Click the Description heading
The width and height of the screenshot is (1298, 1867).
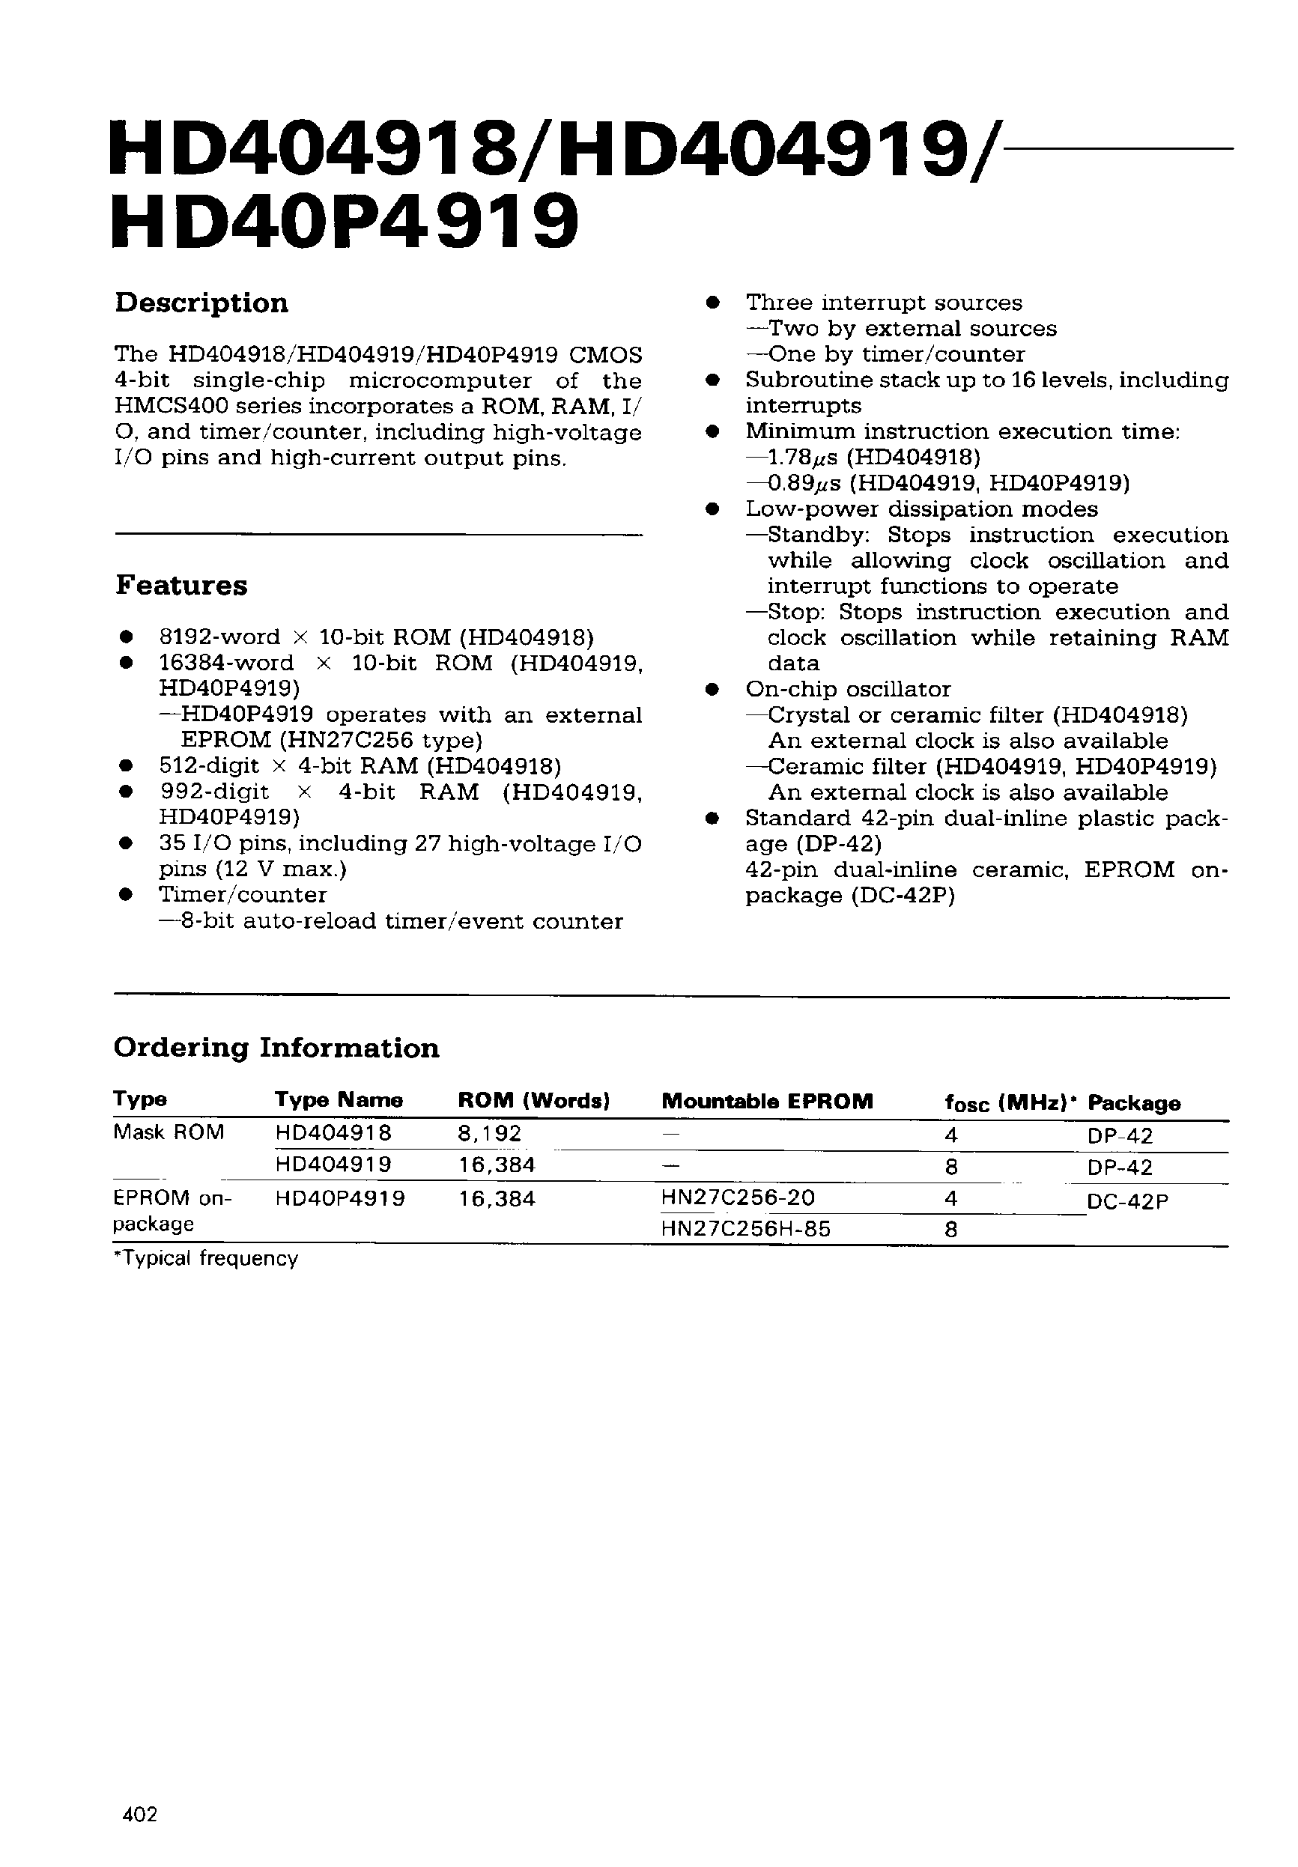(x=201, y=303)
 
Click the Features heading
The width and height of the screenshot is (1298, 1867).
(x=181, y=586)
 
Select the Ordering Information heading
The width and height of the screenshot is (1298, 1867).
(x=276, y=1048)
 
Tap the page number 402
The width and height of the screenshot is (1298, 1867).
(x=139, y=1813)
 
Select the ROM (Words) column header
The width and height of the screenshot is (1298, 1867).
(x=533, y=1100)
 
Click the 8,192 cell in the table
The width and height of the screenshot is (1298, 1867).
(x=489, y=1134)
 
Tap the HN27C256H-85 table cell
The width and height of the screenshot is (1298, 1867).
(x=746, y=1229)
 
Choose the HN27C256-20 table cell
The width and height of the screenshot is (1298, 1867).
(x=738, y=1197)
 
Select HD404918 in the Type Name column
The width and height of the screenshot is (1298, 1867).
(x=333, y=1133)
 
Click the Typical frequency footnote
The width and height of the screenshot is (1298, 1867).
(x=206, y=1259)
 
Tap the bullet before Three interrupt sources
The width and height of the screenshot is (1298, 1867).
(x=712, y=303)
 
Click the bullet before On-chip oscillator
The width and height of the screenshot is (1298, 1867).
(x=712, y=690)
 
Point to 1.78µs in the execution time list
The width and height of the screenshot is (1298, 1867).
(x=801, y=458)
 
